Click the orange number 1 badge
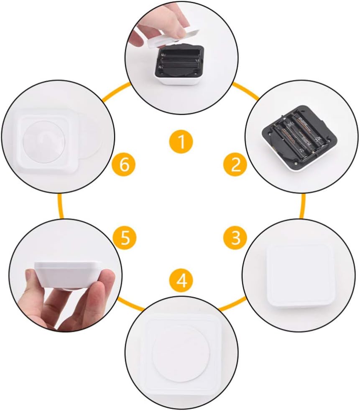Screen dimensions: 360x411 click(x=181, y=142)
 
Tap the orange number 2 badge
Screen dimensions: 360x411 click(x=235, y=165)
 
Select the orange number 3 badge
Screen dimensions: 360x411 click(x=235, y=237)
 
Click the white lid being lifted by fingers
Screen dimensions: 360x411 click(x=172, y=38)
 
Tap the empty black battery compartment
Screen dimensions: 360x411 click(x=181, y=61)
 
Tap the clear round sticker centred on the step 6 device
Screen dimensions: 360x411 click(x=44, y=142)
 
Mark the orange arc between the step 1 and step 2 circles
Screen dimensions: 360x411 click(x=246, y=91)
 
